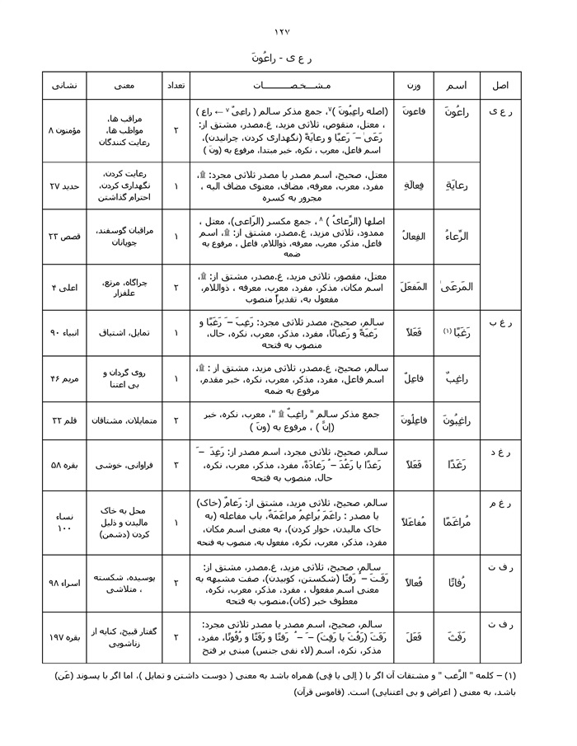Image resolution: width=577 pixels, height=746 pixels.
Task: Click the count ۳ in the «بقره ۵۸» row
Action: tap(176, 466)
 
